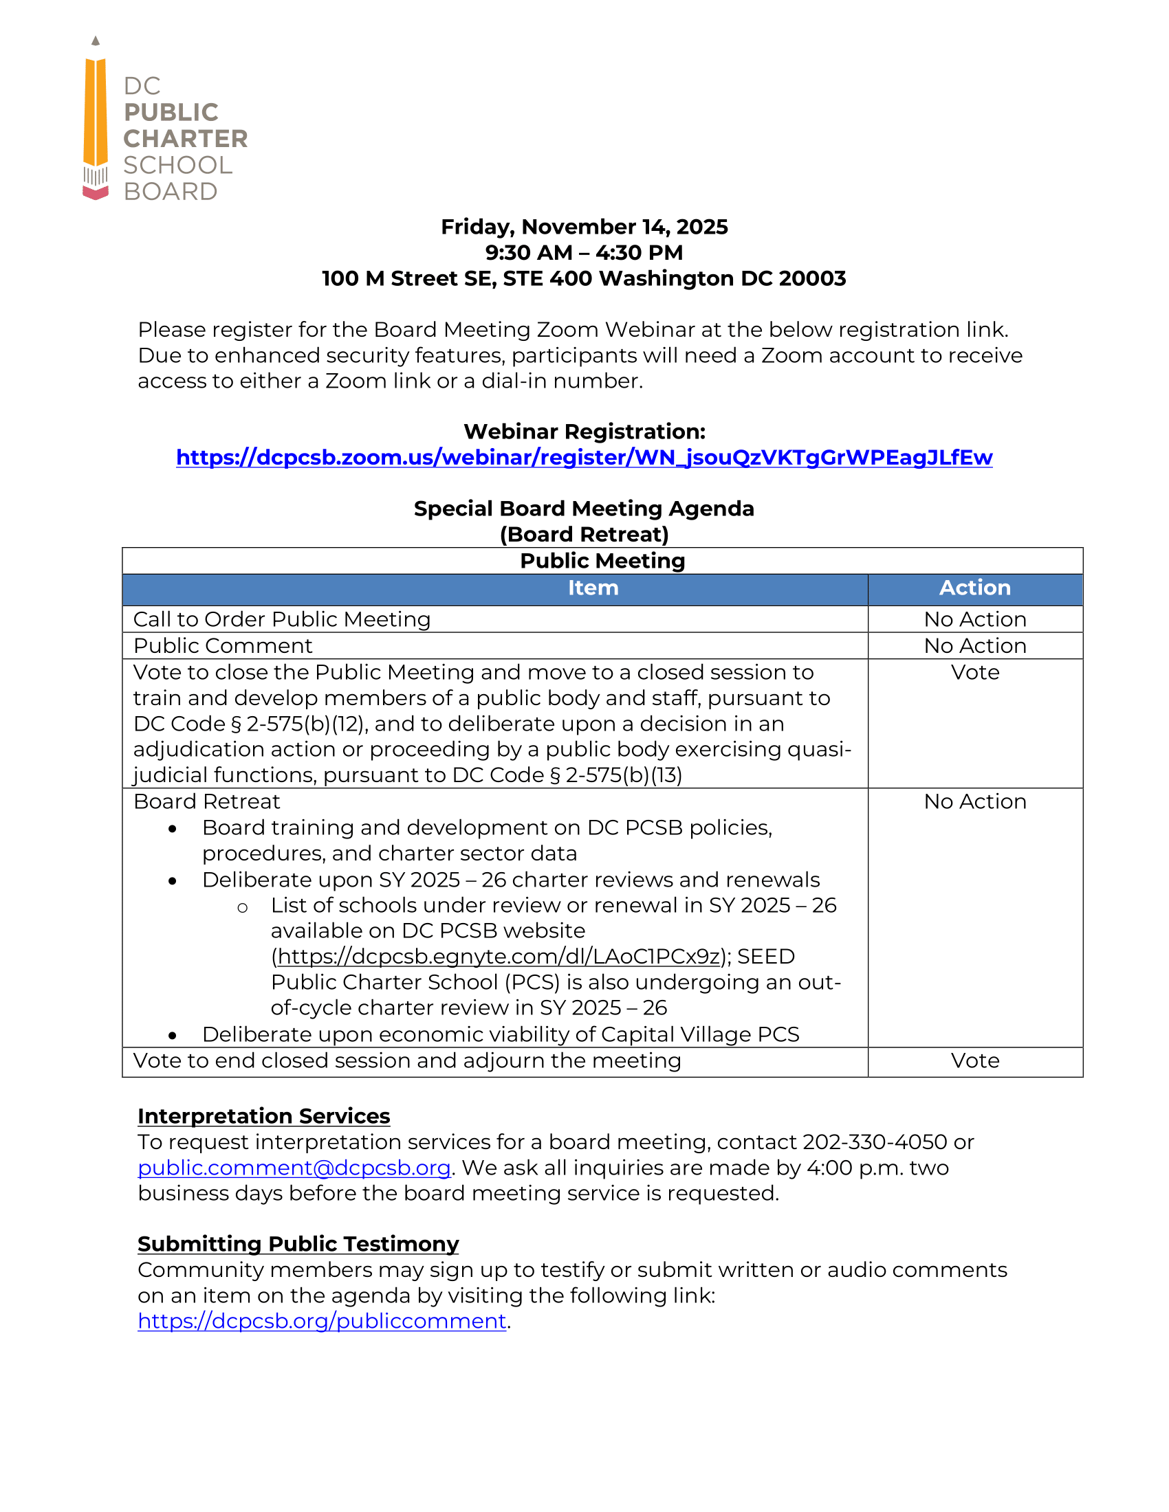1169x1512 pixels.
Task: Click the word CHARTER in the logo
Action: click(x=185, y=138)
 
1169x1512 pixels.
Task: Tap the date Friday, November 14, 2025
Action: click(x=584, y=227)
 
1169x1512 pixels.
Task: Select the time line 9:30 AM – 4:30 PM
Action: click(x=584, y=253)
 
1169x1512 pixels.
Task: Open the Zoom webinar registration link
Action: click(x=584, y=458)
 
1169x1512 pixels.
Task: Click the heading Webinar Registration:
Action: click(x=584, y=432)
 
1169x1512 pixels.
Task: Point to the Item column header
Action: click(x=593, y=588)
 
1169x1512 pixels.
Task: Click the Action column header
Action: click(x=974, y=588)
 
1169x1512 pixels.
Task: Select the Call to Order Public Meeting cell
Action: click(x=282, y=619)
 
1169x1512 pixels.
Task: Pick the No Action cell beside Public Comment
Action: click(x=974, y=646)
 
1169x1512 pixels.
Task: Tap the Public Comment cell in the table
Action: click(x=223, y=646)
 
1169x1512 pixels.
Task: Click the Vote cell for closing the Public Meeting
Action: click(x=974, y=672)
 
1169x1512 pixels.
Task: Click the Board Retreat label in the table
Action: click(x=206, y=801)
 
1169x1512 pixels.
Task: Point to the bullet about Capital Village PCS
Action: click(x=500, y=1034)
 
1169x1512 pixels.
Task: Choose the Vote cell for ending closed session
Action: click(x=974, y=1060)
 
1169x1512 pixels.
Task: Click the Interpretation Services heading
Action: click(x=264, y=1116)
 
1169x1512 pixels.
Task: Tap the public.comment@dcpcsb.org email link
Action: click(x=294, y=1168)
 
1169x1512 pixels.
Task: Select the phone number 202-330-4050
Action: click(x=874, y=1142)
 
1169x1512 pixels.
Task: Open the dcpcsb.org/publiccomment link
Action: click(x=322, y=1321)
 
